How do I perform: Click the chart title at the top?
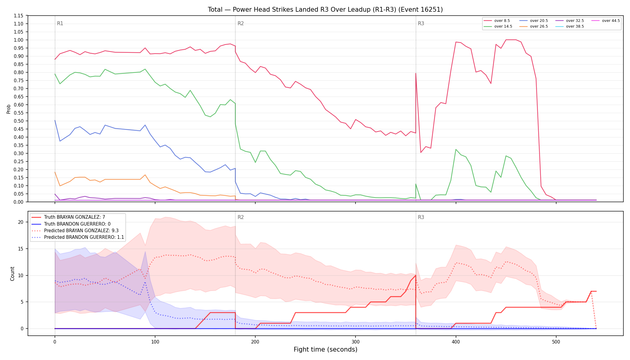(x=325, y=10)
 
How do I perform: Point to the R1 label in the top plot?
(x=60, y=23)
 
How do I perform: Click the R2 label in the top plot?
(x=241, y=23)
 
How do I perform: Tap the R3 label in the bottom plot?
(x=421, y=217)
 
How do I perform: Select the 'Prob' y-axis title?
(x=8, y=109)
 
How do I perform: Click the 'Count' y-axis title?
(x=12, y=274)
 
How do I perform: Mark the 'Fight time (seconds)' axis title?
(x=325, y=349)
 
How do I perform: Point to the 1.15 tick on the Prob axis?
(x=19, y=16)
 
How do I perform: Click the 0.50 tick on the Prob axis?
(x=19, y=121)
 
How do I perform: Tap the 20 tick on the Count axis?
(x=20, y=222)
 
